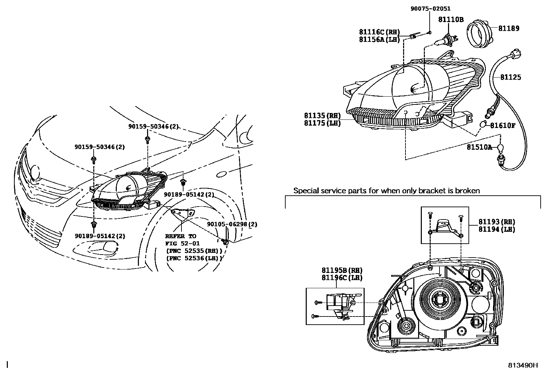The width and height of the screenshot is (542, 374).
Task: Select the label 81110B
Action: [x=450, y=20]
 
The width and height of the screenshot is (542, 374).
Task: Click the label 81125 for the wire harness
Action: [x=510, y=77]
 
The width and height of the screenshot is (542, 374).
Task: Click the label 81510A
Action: [x=479, y=147]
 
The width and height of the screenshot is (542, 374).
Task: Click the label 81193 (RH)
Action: [x=496, y=222]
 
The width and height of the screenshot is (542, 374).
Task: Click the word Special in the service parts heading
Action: [x=305, y=191]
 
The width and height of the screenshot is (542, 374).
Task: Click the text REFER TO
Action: [x=180, y=236]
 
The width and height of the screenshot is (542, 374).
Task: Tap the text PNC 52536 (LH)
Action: [x=194, y=258]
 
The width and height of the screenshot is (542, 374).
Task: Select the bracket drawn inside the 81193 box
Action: [x=445, y=226]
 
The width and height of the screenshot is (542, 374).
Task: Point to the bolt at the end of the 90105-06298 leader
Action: [x=225, y=242]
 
